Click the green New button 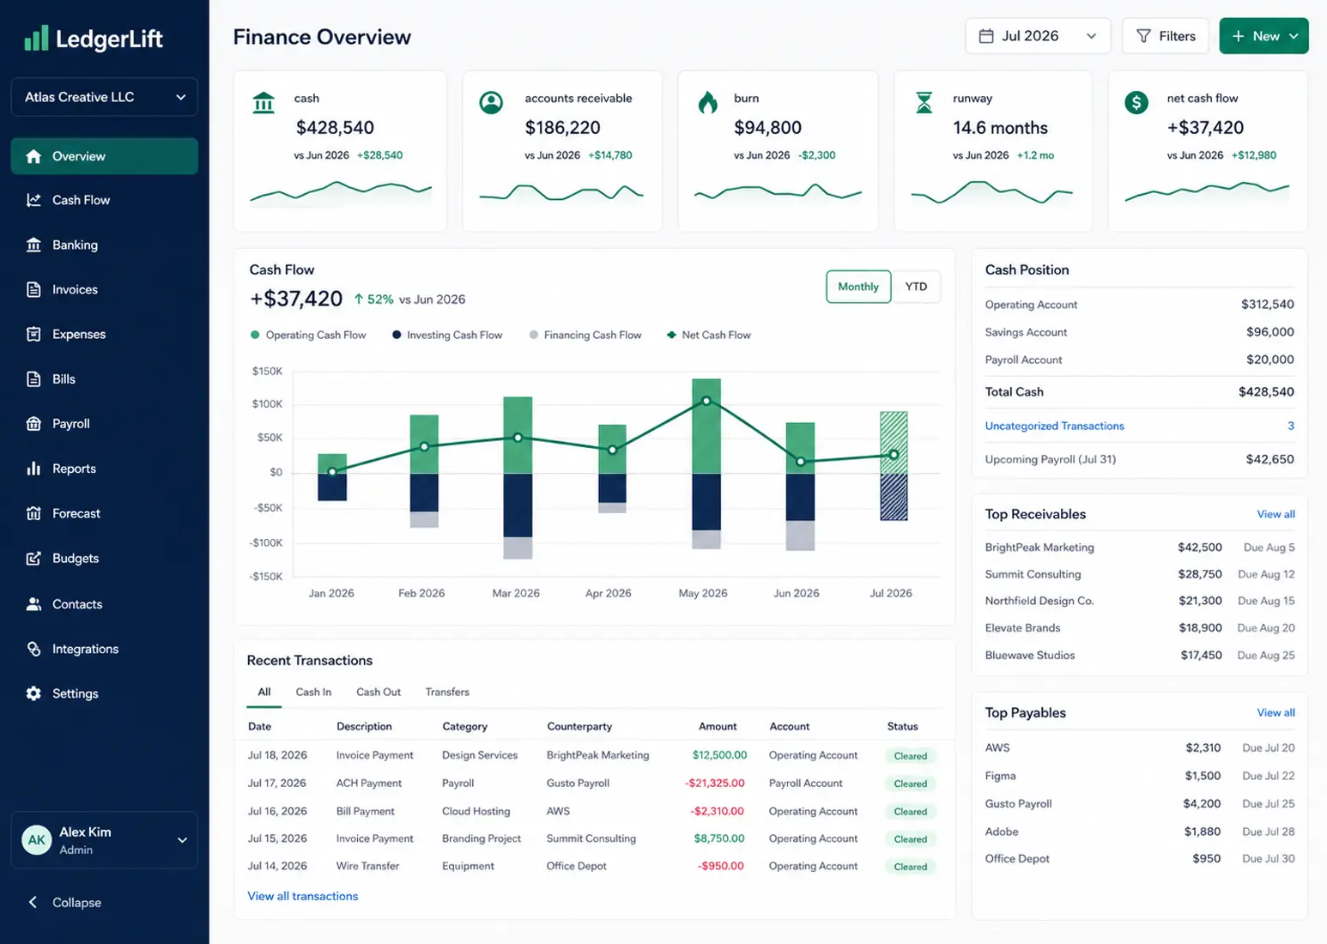pyautogui.click(x=1263, y=36)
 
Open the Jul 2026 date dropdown pyautogui.click(x=1038, y=36)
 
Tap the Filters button pyautogui.click(x=1165, y=36)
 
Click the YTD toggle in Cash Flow pyautogui.click(x=916, y=287)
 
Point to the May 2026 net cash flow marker pyautogui.click(x=706, y=401)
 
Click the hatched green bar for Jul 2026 pyautogui.click(x=894, y=442)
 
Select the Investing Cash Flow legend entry pyautogui.click(x=447, y=335)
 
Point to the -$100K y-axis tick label pyautogui.click(x=266, y=542)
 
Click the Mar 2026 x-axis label pyautogui.click(x=515, y=593)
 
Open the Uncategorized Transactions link pyautogui.click(x=1054, y=426)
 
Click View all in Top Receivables pyautogui.click(x=1275, y=514)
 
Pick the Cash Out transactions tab pyautogui.click(x=378, y=692)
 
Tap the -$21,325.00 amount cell pyautogui.click(x=714, y=783)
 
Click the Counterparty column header pyautogui.click(x=579, y=726)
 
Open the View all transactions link pyautogui.click(x=302, y=896)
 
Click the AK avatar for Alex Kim pyautogui.click(x=37, y=840)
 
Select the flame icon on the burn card pyautogui.click(x=707, y=102)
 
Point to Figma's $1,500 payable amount pyautogui.click(x=1202, y=776)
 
